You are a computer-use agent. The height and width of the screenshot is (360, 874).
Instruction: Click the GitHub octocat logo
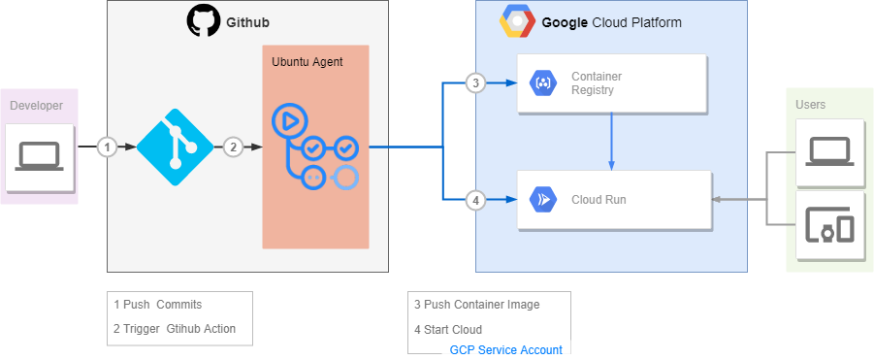[204, 21]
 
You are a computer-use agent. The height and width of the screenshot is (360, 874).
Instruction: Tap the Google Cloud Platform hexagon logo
[516, 21]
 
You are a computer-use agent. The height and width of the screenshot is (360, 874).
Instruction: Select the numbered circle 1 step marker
[108, 147]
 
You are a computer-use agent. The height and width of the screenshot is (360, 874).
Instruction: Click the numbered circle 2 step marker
[233, 147]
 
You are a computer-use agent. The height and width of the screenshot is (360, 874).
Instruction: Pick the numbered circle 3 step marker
[474, 82]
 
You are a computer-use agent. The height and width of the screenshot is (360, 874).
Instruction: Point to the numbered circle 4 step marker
[474, 201]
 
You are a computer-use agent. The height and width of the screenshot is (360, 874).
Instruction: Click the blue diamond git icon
[175, 147]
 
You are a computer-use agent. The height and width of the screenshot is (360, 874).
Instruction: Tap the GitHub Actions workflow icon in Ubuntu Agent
[315, 147]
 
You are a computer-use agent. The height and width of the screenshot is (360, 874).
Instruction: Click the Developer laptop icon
[40, 156]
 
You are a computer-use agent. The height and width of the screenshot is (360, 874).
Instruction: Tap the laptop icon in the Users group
[829, 150]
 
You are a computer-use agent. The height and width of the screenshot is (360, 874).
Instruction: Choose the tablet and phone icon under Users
[829, 228]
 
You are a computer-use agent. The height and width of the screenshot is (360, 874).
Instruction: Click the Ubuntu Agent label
[307, 62]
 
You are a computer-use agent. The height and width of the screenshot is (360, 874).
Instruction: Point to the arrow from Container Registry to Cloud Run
[611, 141]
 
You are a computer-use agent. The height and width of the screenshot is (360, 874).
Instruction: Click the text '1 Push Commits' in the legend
[158, 304]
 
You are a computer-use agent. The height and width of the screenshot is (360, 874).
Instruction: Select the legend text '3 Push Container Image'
[476, 304]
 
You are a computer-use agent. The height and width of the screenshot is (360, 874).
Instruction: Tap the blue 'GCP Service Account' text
[505, 350]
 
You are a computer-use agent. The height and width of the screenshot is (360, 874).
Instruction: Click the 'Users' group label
[810, 105]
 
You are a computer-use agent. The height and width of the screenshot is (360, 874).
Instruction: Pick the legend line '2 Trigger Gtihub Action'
[175, 329]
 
